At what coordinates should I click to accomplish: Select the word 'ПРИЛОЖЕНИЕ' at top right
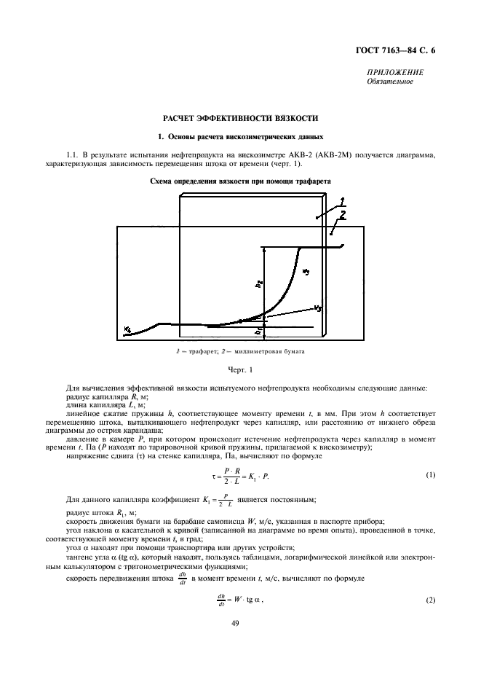(x=397, y=74)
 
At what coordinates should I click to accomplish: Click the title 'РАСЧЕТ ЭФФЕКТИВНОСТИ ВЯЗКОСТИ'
(x=239, y=118)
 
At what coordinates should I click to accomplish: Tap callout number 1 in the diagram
(x=341, y=199)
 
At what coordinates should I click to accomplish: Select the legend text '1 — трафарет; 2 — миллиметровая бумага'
(x=239, y=352)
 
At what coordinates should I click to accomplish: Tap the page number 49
(x=239, y=623)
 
